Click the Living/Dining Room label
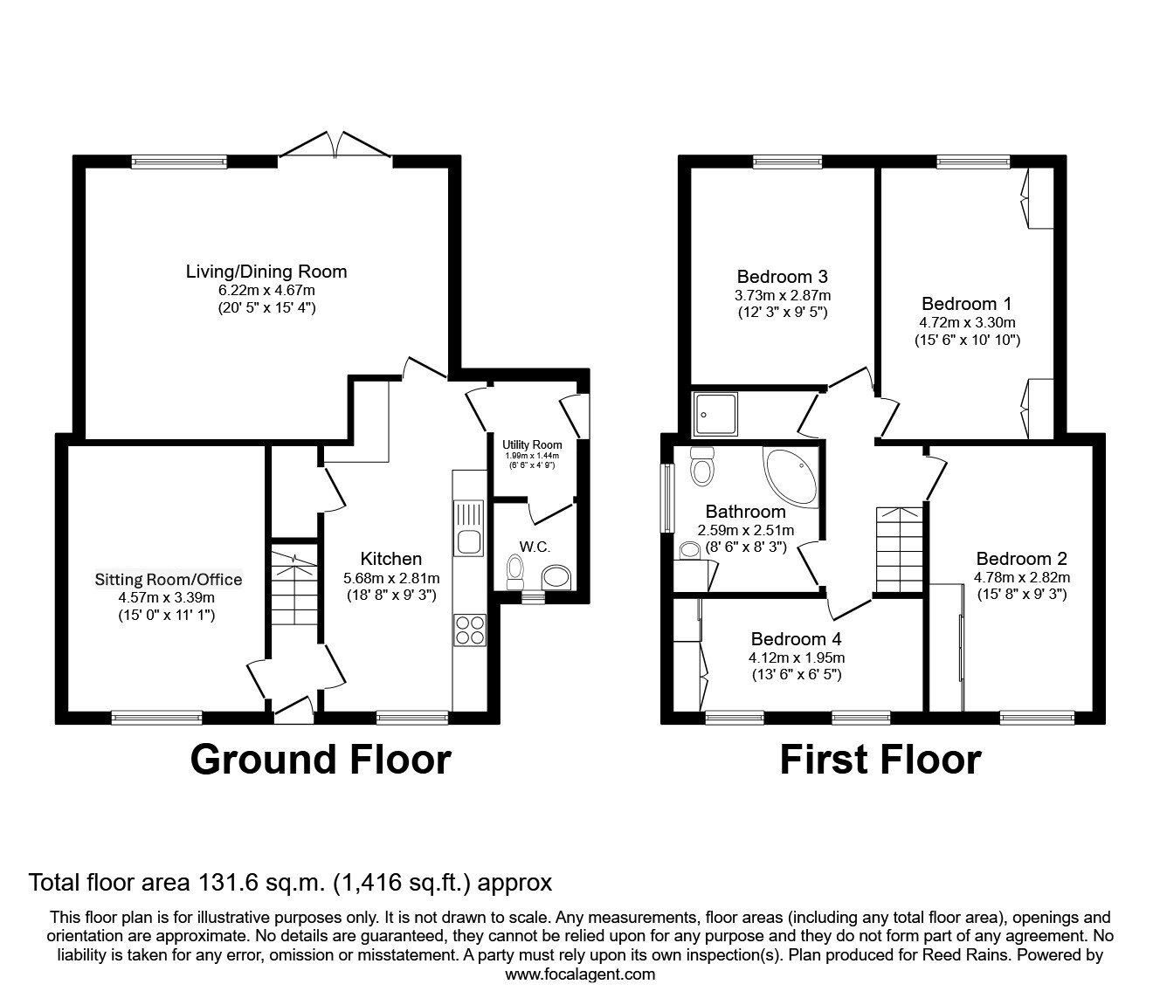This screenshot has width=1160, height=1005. [x=266, y=272]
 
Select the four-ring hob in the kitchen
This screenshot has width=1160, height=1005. [x=469, y=630]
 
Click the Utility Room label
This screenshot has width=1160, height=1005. [x=532, y=444]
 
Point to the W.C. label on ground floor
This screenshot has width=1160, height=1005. [x=535, y=547]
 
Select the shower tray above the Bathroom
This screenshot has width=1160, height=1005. [x=715, y=413]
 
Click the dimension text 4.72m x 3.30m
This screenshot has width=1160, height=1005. [x=966, y=322]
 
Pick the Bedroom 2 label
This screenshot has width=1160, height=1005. [x=1021, y=559]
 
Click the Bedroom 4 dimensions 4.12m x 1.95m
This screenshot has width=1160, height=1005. [x=796, y=657]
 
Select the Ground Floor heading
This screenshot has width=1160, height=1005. [x=321, y=760]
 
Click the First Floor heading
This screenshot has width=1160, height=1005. [x=880, y=760]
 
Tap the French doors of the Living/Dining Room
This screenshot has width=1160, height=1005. [x=336, y=146]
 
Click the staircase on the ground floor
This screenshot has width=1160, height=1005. [x=293, y=594]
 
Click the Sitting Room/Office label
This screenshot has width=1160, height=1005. [x=169, y=580]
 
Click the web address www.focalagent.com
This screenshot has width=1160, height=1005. [x=580, y=974]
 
